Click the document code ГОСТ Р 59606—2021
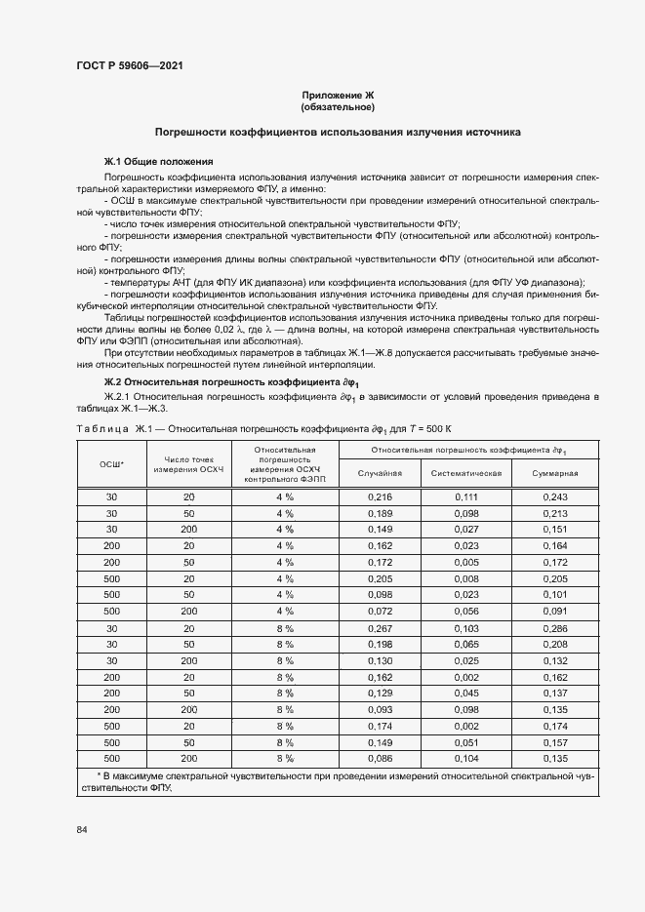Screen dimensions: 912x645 pyautogui.click(x=129, y=65)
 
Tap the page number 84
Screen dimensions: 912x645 pyautogui.click(x=82, y=829)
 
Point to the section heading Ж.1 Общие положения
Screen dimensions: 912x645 pyautogui.click(x=159, y=161)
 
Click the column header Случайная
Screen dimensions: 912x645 pyautogui.click(x=380, y=472)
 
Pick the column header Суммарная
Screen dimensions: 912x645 pyautogui.click(x=554, y=472)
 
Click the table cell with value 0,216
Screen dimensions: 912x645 pyautogui.click(x=380, y=497)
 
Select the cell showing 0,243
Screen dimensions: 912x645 pyautogui.click(x=554, y=497)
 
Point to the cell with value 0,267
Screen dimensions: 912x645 pyautogui.click(x=380, y=629)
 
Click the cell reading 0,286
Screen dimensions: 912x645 pyautogui.click(x=554, y=629)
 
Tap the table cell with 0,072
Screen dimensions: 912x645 pyautogui.click(x=380, y=612)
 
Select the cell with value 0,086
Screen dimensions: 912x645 pyautogui.click(x=380, y=758)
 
